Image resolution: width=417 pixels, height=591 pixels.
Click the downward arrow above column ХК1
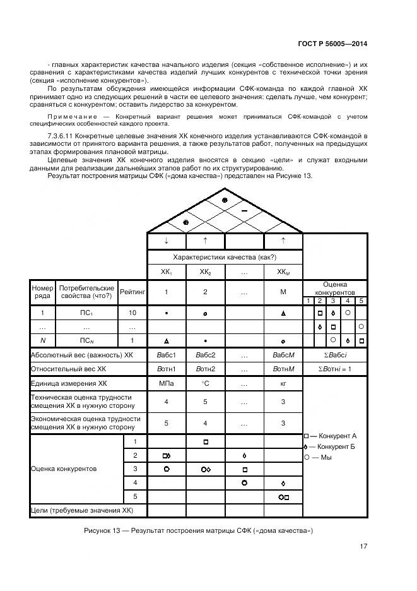click(x=166, y=241)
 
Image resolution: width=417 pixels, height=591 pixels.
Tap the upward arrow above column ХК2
click(x=205, y=241)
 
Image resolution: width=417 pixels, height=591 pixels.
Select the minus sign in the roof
click(x=244, y=208)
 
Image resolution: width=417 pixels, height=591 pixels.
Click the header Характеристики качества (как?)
click(x=225, y=258)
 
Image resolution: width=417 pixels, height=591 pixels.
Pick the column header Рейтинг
click(x=132, y=292)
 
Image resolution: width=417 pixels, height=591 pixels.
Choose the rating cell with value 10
click(x=132, y=313)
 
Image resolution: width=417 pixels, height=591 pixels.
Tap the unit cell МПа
click(x=166, y=383)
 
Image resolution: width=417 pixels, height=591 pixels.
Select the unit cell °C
click(x=205, y=383)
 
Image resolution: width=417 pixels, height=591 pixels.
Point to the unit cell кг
click(x=283, y=383)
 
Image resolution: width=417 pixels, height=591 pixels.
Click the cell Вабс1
click(x=166, y=355)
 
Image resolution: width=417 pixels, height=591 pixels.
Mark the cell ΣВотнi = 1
click(x=334, y=369)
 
